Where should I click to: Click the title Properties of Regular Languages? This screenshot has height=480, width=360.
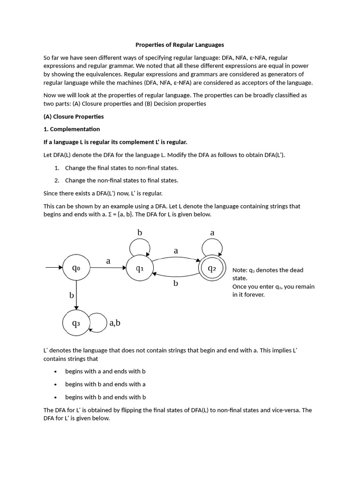(x=180, y=45)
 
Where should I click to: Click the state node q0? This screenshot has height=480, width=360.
(x=76, y=268)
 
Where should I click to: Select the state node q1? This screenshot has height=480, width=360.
(x=139, y=268)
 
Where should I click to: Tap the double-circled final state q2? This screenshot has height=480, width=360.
(x=211, y=268)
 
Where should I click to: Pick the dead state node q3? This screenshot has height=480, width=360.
(x=76, y=322)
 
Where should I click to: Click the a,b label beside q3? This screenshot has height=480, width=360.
(x=115, y=322)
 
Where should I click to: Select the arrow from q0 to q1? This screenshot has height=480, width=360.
(x=108, y=268)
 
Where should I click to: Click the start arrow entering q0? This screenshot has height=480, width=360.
(x=53, y=268)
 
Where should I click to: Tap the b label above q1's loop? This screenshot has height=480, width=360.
(x=139, y=232)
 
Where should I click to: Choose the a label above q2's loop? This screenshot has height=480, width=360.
(x=212, y=232)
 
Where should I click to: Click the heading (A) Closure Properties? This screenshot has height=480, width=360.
(x=74, y=116)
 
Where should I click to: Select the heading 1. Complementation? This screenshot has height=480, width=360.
(x=72, y=129)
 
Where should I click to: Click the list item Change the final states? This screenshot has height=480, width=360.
(x=121, y=167)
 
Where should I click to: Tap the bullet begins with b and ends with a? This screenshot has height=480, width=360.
(x=105, y=384)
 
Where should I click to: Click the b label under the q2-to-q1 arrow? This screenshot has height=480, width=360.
(x=176, y=284)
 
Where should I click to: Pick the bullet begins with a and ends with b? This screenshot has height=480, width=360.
(x=105, y=371)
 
